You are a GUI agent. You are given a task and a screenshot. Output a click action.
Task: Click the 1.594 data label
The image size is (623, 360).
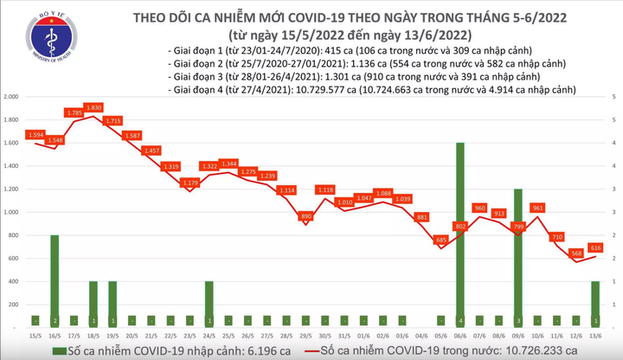35,134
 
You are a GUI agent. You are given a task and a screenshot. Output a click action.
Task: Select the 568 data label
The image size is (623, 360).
576,253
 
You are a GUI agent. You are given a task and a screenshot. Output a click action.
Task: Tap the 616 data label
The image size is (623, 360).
596,247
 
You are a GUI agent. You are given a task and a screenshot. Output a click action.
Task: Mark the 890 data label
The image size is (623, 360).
305,215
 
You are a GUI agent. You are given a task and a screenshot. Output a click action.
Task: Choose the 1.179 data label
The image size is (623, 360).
189,183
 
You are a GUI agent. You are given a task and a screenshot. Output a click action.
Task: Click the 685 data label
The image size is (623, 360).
439,240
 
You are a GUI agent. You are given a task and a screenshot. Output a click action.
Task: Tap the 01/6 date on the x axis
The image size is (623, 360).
363,335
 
